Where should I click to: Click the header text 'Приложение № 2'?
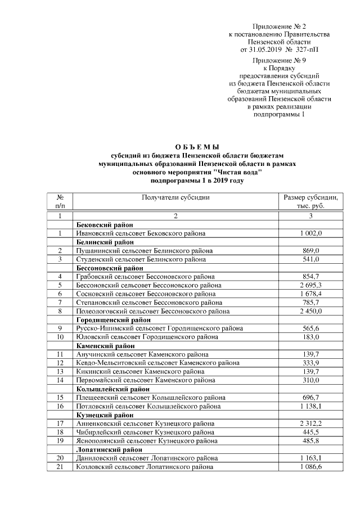[279, 26]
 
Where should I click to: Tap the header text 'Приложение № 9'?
[279, 59]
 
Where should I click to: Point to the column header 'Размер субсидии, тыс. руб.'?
[310, 201]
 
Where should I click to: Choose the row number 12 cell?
[60, 363]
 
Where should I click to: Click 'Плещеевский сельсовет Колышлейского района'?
[147, 397]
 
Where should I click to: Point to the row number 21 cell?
[60, 467]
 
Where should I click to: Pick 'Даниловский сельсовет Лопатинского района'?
[147, 458]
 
